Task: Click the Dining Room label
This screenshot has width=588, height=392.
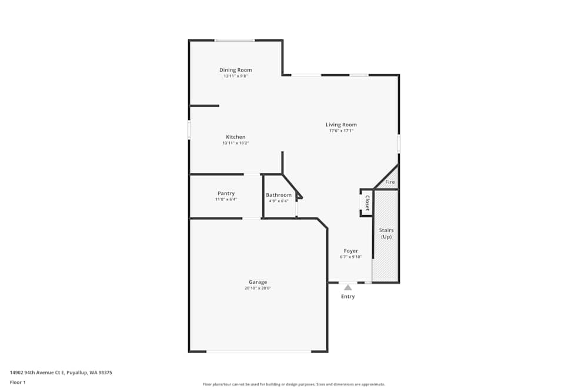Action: (235, 70)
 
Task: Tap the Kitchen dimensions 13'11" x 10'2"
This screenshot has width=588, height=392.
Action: (235, 143)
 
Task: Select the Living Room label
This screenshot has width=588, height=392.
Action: (341, 125)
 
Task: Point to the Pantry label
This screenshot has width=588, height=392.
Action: (226, 193)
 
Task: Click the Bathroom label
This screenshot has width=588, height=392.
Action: (278, 195)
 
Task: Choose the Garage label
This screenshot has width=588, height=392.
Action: (258, 282)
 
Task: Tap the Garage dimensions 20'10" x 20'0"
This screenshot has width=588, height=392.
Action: (258, 289)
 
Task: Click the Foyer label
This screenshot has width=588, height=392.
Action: (350, 251)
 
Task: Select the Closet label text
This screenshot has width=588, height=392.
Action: (367, 203)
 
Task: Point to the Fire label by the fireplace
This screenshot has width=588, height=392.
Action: (390, 183)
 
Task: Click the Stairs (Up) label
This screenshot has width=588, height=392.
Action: (386, 233)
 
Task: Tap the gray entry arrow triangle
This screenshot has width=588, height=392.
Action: (348, 287)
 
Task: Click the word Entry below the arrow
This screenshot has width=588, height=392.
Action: (348, 297)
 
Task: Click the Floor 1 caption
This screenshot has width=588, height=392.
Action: (18, 382)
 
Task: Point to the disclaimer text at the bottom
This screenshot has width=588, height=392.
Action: (293, 384)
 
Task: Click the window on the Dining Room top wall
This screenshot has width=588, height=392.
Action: (234, 40)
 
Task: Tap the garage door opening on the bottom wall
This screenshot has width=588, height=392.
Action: (258, 351)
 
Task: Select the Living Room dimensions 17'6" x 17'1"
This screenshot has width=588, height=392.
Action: (341, 131)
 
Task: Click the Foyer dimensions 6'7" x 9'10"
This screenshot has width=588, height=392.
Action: (350, 257)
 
